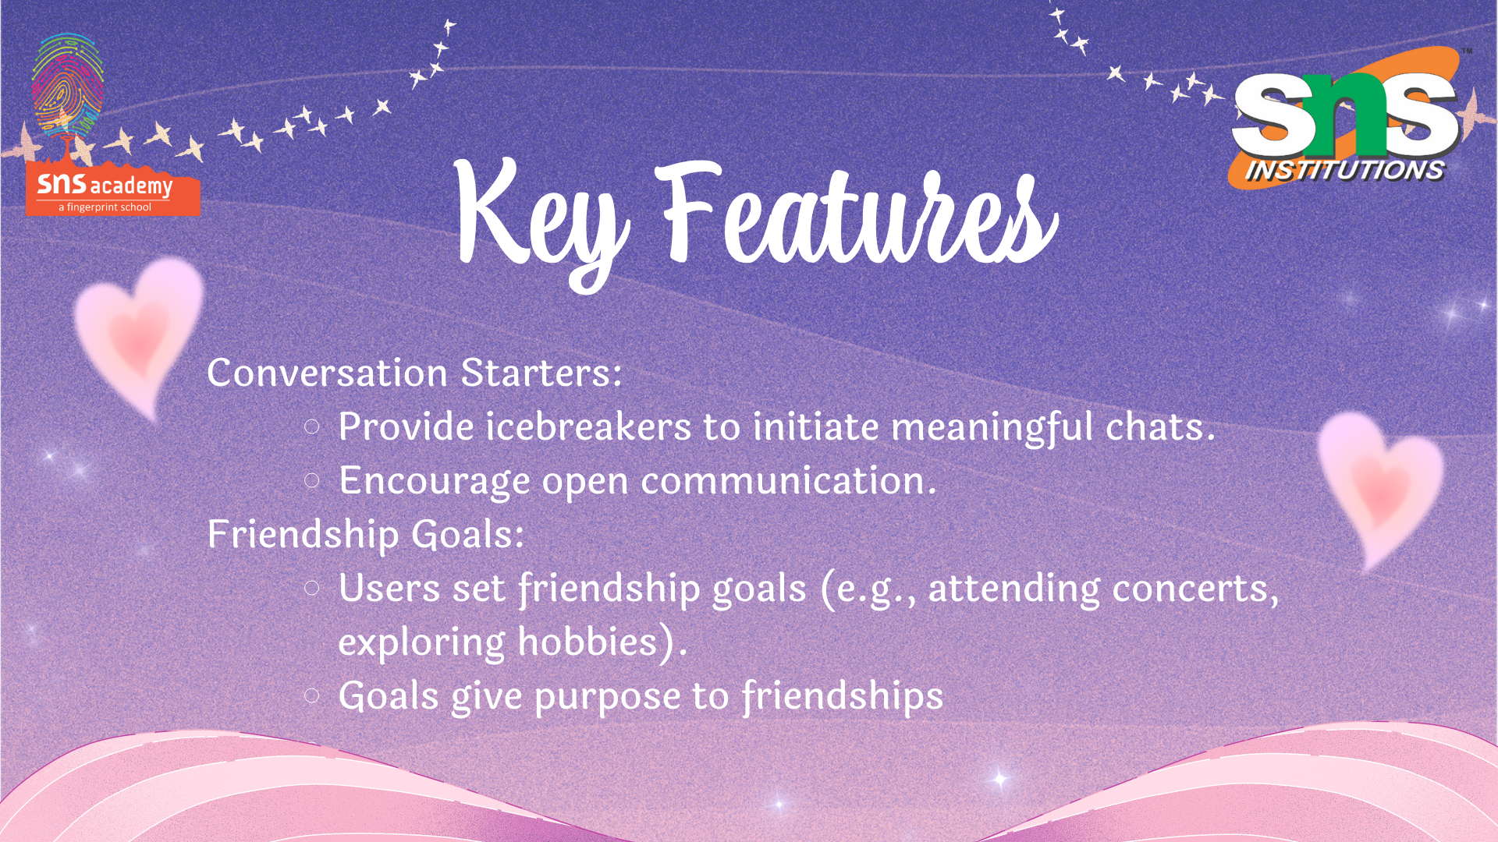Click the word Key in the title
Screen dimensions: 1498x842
tap(543, 222)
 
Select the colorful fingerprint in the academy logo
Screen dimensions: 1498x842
tap(67, 82)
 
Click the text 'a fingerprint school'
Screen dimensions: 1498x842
tap(105, 207)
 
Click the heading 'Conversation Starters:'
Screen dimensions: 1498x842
tap(414, 373)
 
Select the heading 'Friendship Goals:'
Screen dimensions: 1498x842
tap(366, 534)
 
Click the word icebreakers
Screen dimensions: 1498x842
tap(588, 426)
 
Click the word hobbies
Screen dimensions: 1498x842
tap(588, 642)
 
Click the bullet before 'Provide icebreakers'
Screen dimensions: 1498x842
tap(312, 426)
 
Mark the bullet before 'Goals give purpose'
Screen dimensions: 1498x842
tap(312, 695)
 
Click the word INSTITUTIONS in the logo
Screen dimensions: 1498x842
tap(1344, 170)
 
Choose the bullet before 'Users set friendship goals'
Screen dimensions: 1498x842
tap(312, 588)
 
